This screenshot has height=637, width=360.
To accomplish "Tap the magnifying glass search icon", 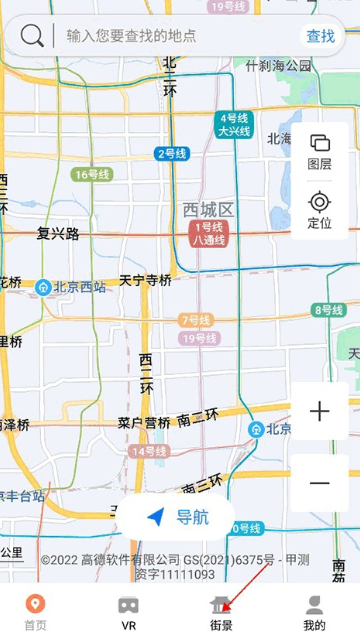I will [x=32, y=36].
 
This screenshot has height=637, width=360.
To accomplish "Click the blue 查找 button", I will [x=320, y=36].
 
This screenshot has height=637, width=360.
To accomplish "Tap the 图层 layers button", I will [x=320, y=151].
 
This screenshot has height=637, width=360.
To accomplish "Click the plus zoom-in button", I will [x=320, y=411].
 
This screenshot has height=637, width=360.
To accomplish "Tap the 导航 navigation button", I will [x=178, y=517].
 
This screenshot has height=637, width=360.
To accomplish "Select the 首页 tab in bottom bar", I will [x=35, y=611].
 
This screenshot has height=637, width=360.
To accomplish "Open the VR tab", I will [x=128, y=611].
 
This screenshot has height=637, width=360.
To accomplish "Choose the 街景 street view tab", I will [x=221, y=611].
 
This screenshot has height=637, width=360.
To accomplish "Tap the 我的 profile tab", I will [x=314, y=611].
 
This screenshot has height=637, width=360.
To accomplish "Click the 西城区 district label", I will [x=208, y=209].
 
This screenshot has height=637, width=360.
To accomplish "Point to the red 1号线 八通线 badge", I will [x=209, y=234].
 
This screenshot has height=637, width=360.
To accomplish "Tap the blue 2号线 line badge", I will [x=172, y=153].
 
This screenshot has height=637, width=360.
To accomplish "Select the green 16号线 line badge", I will [x=89, y=174].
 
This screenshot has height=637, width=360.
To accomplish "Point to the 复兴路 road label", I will [x=58, y=233].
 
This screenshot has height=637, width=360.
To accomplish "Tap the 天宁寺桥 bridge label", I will [x=145, y=280].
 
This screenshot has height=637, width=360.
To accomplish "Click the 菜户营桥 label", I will [x=144, y=422].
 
